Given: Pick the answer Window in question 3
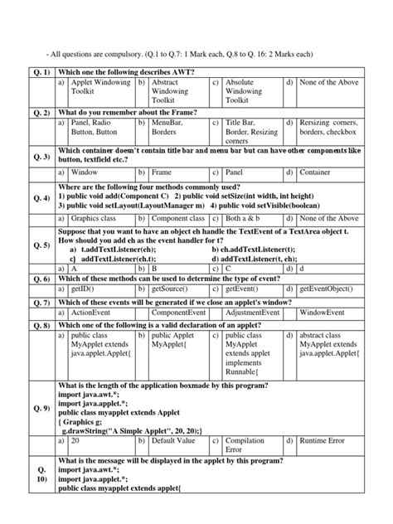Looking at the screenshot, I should [86, 172].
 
